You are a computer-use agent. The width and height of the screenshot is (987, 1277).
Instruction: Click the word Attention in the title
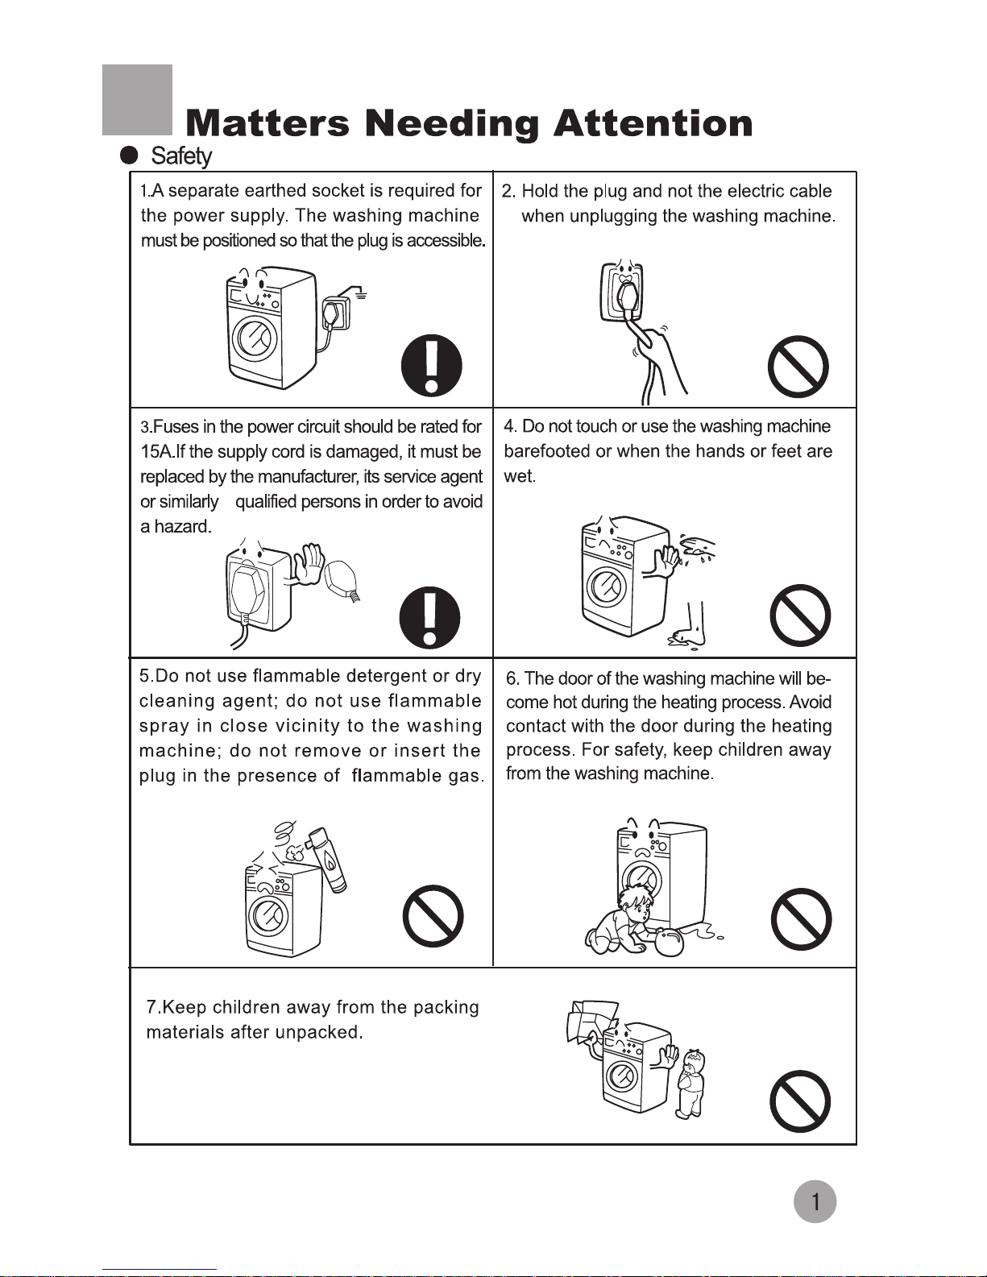click(653, 123)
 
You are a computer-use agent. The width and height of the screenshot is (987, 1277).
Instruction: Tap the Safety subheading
click(181, 155)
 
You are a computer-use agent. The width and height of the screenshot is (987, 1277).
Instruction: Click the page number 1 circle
click(815, 1202)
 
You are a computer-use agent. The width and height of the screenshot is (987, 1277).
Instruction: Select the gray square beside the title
click(138, 100)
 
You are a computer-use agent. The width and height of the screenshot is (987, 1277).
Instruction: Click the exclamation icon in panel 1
click(432, 364)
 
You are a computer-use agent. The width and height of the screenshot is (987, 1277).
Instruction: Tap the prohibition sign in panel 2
click(798, 367)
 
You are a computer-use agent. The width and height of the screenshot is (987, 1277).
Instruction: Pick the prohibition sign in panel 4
click(800, 616)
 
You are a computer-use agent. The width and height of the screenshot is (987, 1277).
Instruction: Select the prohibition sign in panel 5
click(433, 917)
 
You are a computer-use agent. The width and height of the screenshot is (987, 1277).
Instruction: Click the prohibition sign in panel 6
click(802, 919)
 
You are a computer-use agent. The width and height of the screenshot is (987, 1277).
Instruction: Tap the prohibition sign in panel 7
click(800, 1101)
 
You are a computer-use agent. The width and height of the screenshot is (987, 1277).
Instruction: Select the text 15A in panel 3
click(156, 452)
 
